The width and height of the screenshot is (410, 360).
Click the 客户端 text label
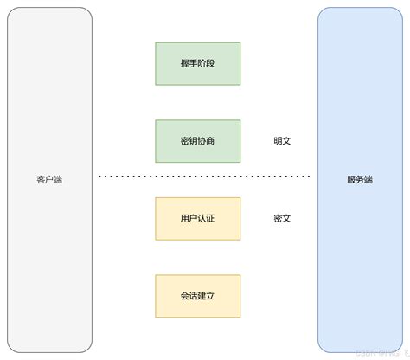[49, 180]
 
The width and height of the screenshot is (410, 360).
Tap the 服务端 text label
[360, 180]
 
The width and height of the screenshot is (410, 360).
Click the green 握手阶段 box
[198, 63]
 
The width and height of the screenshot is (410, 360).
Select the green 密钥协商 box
[198, 141]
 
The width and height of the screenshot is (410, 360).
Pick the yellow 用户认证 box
[198, 218]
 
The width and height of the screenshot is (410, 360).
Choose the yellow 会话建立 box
[198, 296]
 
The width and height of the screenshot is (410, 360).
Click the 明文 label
[282, 141]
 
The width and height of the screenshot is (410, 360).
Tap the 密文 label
[282, 218]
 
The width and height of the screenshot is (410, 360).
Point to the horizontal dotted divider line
[204, 177]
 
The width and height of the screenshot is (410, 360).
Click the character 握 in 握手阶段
[183, 63]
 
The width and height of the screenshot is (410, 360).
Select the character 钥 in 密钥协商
[193, 141]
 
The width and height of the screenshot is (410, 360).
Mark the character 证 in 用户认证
[213, 218]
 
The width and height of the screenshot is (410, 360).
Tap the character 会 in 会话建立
[183, 296]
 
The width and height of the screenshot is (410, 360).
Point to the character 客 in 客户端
[41, 180]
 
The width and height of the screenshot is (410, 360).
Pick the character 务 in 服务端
[360, 180]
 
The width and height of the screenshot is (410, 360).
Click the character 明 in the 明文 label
[277, 141]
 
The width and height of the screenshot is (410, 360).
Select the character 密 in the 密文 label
[277, 218]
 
